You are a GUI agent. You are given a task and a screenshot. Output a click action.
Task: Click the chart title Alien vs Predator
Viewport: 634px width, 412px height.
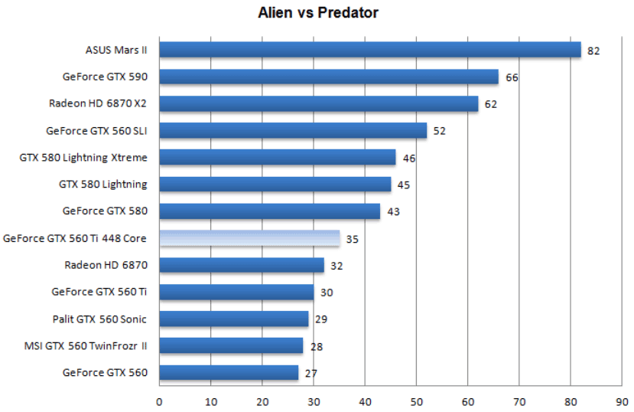(x=317, y=12)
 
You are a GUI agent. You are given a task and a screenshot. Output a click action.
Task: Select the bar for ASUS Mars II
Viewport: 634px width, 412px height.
(x=370, y=50)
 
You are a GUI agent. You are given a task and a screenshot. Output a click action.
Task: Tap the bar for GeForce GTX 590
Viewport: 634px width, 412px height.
(x=329, y=77)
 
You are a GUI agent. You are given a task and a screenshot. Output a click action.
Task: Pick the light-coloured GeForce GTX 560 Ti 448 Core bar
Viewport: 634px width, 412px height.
(x=249, y=238)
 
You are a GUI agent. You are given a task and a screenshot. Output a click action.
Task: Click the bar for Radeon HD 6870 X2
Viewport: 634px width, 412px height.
(x=318, y=103)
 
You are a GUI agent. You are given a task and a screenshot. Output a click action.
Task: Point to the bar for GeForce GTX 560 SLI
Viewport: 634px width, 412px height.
(x=293, y=130)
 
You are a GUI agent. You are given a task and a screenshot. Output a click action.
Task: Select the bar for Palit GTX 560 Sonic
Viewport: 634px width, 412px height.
(x=233, y=319)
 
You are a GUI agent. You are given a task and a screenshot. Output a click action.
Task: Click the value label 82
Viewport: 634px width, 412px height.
(x=594, y=51)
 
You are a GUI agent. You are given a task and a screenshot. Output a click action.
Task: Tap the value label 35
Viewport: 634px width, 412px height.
(x=353, y=239)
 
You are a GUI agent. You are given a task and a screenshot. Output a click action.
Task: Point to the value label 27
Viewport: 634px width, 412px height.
(x=310, y=374)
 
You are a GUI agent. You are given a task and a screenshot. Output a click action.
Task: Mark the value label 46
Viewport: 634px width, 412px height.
(x=408, y=159)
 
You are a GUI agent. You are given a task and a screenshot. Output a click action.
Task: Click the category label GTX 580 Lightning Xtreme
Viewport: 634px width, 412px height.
(x=83, y=158)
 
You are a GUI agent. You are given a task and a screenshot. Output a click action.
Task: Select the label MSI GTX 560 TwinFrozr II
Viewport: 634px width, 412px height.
(x=85, y=346)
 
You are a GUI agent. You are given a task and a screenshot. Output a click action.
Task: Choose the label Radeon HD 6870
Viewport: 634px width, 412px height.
(x=106, y=265)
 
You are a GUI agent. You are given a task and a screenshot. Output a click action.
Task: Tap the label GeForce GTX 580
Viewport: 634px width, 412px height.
(x=105, y=211)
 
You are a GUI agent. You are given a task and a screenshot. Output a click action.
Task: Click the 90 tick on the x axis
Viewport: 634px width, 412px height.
(x=622, y=401)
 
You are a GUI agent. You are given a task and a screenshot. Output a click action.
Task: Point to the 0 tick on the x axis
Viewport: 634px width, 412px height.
(x=159, y=401)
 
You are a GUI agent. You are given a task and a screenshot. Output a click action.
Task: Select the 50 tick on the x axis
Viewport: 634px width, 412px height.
(x=416, y=401)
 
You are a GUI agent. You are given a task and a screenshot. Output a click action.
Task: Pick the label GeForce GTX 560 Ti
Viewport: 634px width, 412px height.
(x=99, y=292)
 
